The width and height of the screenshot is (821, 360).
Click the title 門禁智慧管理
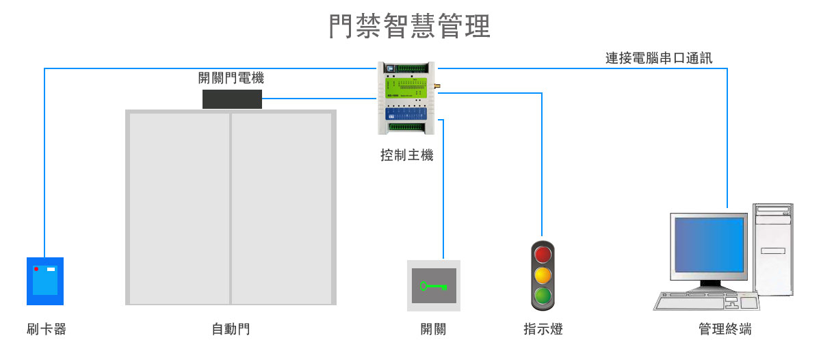click(x=409, y=27)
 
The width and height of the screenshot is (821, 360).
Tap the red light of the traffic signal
click(x=543, y=255)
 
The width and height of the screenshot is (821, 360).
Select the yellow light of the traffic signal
click(x=543, y=276)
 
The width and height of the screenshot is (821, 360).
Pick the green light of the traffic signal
click(x=543, y=296)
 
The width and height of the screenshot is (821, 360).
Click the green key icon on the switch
click(x=433, y=286)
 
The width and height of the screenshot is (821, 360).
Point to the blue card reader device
click(x=45, y=281)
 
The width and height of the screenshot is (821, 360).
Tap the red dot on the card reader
click(x=36, y=269)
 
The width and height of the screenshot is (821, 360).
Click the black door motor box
click(x=232, y=99)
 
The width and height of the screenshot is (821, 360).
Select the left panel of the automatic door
click(x=179, y=208)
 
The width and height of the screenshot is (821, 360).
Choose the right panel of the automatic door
click(x=281, y=208)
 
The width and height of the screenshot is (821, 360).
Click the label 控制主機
click(x=407, y=155)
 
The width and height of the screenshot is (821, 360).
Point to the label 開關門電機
click(x=231, y=79)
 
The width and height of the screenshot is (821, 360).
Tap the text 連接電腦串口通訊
click(x=659, y=58)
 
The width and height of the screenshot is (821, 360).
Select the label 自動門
click(x=231, y=330)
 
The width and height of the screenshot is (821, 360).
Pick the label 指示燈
click(x=543, y=330)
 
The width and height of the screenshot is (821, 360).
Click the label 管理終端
click(x=725, y=330)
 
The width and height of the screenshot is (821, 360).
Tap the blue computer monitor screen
click(x=709, y=245)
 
